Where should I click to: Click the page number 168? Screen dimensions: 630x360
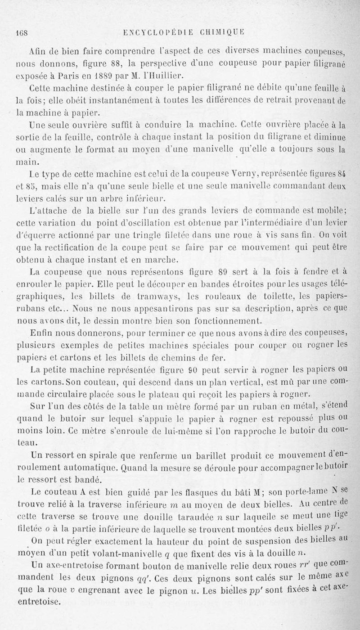pyautogui.click(x=22, y=33)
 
